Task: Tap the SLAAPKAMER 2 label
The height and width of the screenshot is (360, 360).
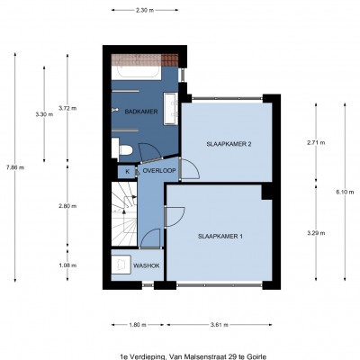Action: pyautogui.click(x=229, y=144)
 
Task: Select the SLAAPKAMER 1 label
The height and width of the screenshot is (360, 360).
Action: pyautogui.click(x=220, y=237)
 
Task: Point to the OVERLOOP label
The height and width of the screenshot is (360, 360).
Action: pyautogui.click(x=159, y=171)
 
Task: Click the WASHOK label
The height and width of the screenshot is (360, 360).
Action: pyautogui.click(x=147, y=265)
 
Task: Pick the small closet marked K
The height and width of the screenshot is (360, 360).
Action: pyautogui.click(x=128, y=172)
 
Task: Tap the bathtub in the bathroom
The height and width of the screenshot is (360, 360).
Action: pyautogui.click(x=137, y=72)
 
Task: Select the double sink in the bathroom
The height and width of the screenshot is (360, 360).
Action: pyautogui.click(x=170, y=109)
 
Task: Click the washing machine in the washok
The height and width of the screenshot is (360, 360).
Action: pyautogui.click(x=121, y=265)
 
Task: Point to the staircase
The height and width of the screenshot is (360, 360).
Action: pyautogui.click(x=124, y=213)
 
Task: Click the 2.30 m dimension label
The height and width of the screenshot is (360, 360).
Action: pyautogui.click(x=145, y=10)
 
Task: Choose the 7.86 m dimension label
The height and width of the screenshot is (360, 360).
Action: pyautogui.click(x=15, y=167)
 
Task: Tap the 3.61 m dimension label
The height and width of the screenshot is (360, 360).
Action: pyautogui.click(x=220, y=325)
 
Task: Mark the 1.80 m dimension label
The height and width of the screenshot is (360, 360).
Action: pyautogui.click(x=138, y=325)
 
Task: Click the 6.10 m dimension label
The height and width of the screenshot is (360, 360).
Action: pyautogui.click(x=345, y=193)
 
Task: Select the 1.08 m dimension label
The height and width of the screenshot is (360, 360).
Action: pyautogui.click(x=67, y=265)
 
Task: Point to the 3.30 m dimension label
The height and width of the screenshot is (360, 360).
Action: pyautogui.click(x=44, y=114)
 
